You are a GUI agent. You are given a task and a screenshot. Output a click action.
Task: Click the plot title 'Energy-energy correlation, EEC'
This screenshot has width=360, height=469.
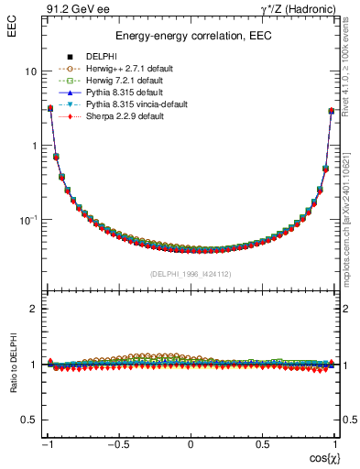[x=190, y=37]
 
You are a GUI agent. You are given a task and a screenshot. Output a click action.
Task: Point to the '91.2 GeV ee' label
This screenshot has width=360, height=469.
[x=72, y=8]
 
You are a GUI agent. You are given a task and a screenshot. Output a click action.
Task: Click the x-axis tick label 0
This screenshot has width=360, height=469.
[x=190, y=445]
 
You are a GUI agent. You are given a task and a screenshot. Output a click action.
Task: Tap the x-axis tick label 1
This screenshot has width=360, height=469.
[x=333, y=445]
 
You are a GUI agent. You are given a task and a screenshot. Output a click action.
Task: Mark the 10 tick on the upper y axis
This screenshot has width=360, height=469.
[x=30, y=71]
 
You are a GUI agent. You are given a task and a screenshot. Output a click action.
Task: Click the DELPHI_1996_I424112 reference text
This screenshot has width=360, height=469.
[x=190, y=274]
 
